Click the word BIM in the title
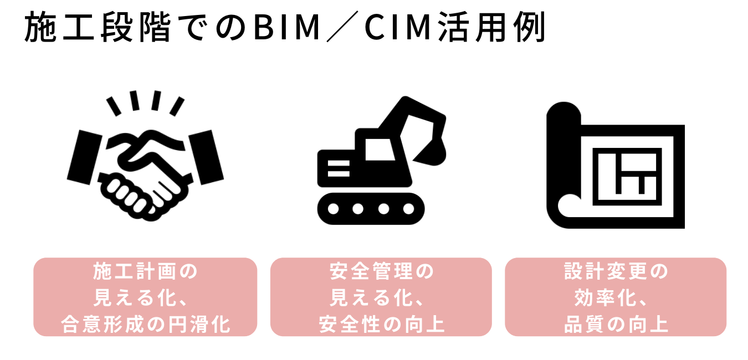coord(286,28)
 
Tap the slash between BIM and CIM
coord(344,28)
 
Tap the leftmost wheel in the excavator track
coord(333,209)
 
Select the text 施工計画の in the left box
coord(145,272)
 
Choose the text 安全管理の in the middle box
coord(381,272)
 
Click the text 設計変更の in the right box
coord(616,272)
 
